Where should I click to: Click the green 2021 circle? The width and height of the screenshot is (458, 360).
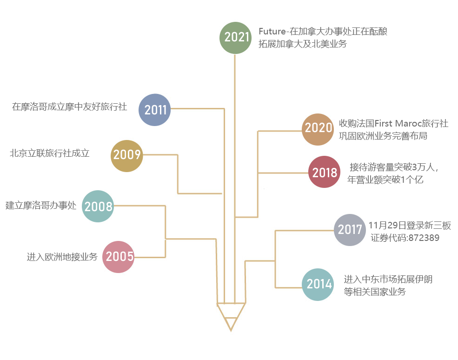click(x=235, y=37)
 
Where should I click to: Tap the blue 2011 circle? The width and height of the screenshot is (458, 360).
click(x=155, y=110)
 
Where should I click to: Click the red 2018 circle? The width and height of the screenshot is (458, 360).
click(x=324, y=172)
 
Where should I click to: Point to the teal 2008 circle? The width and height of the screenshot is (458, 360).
click(x=98, y=206)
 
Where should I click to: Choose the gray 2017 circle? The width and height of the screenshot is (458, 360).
click(x=350, y=229)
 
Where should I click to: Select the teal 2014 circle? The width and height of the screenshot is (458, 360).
click(x=318, y=284)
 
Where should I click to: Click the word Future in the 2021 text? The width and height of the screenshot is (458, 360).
click(x=272, y=32)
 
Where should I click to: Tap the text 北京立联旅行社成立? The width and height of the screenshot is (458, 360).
click(x=49, y=153)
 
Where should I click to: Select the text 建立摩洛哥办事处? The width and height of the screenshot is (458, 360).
click(x=40, y=205)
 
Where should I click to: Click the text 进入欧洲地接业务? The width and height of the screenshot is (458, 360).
click(x=62, y=256)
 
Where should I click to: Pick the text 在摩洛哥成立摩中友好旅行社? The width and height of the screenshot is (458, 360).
click(x=69, y=107)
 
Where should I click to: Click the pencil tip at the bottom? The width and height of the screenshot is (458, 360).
click(x=231, y=327)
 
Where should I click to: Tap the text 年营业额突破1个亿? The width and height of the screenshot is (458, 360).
click(x=385, y=180)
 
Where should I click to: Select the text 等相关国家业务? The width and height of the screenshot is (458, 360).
click(x=374, y=292)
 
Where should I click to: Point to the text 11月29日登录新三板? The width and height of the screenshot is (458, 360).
click(x=409, y=226)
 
